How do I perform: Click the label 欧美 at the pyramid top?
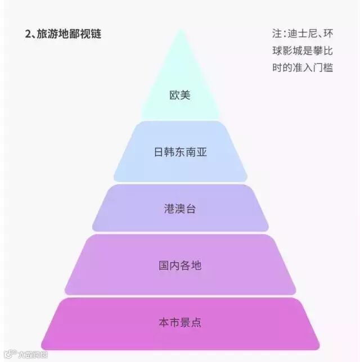point(180,95)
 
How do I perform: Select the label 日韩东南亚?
point(180,152)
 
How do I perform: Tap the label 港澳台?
point(180,209)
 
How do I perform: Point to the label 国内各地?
point(180,265)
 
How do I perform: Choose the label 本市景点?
point(180,323)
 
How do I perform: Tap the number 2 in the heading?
point(28,34)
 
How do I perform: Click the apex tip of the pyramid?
point(180,30)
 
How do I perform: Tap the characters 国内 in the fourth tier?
point(169,265)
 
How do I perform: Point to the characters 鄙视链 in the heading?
point(87,34)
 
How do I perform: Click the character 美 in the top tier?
point(186,95)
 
